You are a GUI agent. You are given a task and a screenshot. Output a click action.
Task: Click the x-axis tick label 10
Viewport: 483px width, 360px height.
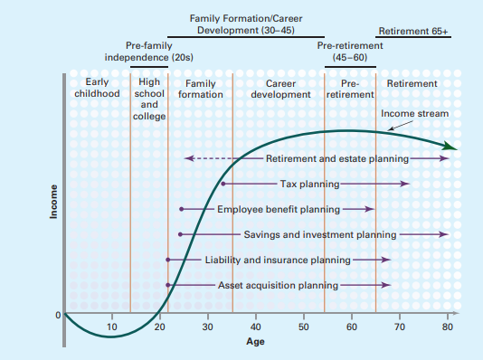[111, 327]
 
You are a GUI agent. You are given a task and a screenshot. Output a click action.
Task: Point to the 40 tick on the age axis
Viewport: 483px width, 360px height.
[255, 327]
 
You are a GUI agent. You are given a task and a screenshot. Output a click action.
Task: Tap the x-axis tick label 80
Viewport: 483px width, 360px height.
[448, 327]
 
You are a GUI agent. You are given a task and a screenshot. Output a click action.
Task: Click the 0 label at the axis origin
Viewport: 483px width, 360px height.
[56, 315]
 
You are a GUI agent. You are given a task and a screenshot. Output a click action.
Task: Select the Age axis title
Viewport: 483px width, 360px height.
[256, 342]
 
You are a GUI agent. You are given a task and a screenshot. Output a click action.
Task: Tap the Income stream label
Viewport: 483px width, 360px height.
[414, 114]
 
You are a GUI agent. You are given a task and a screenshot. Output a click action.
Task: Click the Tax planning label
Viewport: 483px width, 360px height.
[309, 184]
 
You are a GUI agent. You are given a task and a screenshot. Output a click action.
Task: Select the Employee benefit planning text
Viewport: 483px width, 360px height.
[279, 209]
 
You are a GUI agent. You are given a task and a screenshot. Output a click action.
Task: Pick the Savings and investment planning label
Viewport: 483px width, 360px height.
[320, 234]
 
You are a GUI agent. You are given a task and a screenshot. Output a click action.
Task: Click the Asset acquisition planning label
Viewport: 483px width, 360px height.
[278, 285]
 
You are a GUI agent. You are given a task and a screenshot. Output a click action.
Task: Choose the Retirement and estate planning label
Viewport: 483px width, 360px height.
[337, 158]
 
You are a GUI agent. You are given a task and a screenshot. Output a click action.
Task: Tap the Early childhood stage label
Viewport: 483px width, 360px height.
[97, 89]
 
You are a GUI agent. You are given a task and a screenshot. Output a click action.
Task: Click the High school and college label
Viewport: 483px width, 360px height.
[149, 99]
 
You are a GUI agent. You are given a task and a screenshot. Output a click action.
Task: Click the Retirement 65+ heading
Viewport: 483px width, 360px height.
[412, 31]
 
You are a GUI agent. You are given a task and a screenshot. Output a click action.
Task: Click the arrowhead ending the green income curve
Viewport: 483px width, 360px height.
[452, 147]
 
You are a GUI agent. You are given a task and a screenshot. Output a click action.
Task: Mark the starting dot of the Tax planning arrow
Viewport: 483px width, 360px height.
[223, 184]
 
